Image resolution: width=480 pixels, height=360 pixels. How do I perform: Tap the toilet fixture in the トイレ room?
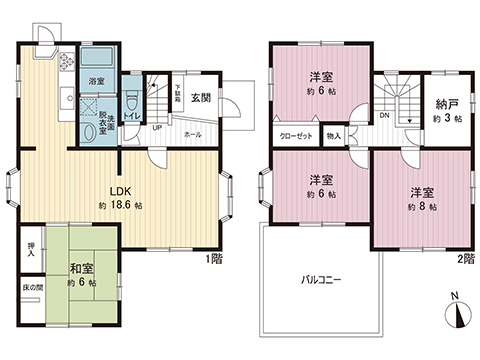pyautogui.click(x=132, y=98)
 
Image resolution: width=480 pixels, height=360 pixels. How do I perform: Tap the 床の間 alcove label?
pyautogui.click(x=31, y=289)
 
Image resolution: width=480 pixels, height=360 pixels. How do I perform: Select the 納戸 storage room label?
pyautogui.click(x=446, y=102)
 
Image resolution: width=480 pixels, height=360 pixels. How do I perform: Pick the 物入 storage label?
pyautogui.click(x=334, y=136)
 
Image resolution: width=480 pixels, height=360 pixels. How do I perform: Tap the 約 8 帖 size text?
pyautogui.click(x=419, y=206)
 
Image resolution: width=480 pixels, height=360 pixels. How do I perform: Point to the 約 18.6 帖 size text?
pyautogui.click(x=122, y=205)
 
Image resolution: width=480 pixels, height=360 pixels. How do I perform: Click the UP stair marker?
pyautogui.click(x=158, y=128)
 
